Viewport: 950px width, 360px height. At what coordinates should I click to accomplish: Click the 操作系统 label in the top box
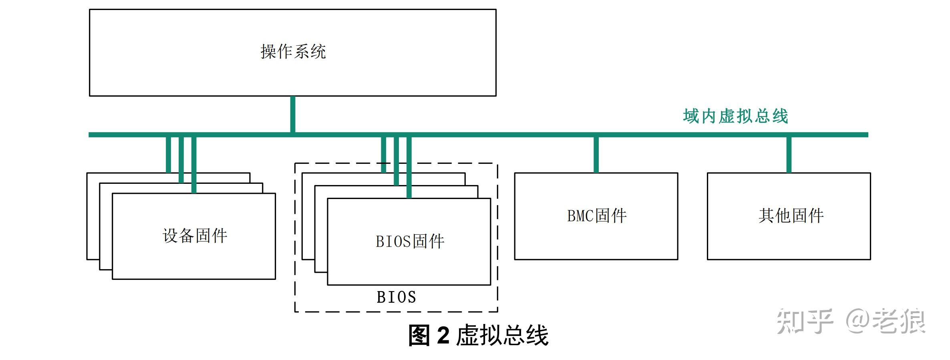[293, 52]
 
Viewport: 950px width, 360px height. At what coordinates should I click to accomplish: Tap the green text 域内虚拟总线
[735, 116]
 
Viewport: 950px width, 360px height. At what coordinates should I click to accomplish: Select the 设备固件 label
[195, 236]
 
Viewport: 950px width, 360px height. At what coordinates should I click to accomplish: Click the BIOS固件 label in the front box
[410, 241]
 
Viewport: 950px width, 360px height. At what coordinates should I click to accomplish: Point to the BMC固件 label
[597, 216]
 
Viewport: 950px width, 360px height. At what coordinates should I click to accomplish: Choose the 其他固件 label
[791, 216]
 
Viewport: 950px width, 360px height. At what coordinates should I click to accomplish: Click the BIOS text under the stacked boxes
[397, 297]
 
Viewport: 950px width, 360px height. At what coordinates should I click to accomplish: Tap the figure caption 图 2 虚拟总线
[478, 335]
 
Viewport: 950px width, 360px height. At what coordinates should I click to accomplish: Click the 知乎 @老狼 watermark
[851, 321]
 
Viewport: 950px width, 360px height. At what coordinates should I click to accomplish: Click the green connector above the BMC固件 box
[596, 155]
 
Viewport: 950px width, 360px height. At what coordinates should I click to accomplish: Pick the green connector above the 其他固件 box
[789, 155]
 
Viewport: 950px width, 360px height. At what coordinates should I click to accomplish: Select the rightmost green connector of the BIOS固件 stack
[409, 167]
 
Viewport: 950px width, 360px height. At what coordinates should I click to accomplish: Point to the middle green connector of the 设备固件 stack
[181, 160]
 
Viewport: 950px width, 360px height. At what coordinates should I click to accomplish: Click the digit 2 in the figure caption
[443, 335]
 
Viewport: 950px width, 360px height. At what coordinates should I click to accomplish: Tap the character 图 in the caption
[419, 335]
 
